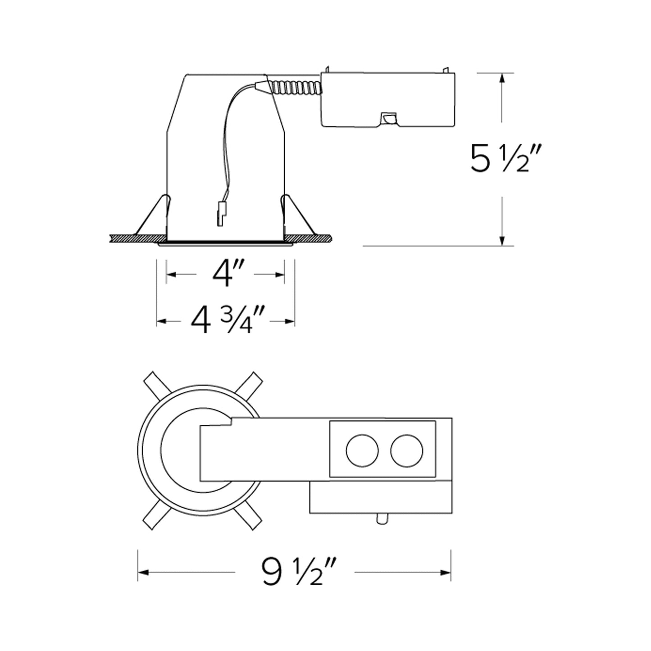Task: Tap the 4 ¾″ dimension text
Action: click(228, 320)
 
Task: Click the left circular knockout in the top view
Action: click(362, 451)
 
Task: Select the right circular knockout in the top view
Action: click(406, 451)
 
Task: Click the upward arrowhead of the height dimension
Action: click(502, 78)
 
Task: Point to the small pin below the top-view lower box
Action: click(382, 519)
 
